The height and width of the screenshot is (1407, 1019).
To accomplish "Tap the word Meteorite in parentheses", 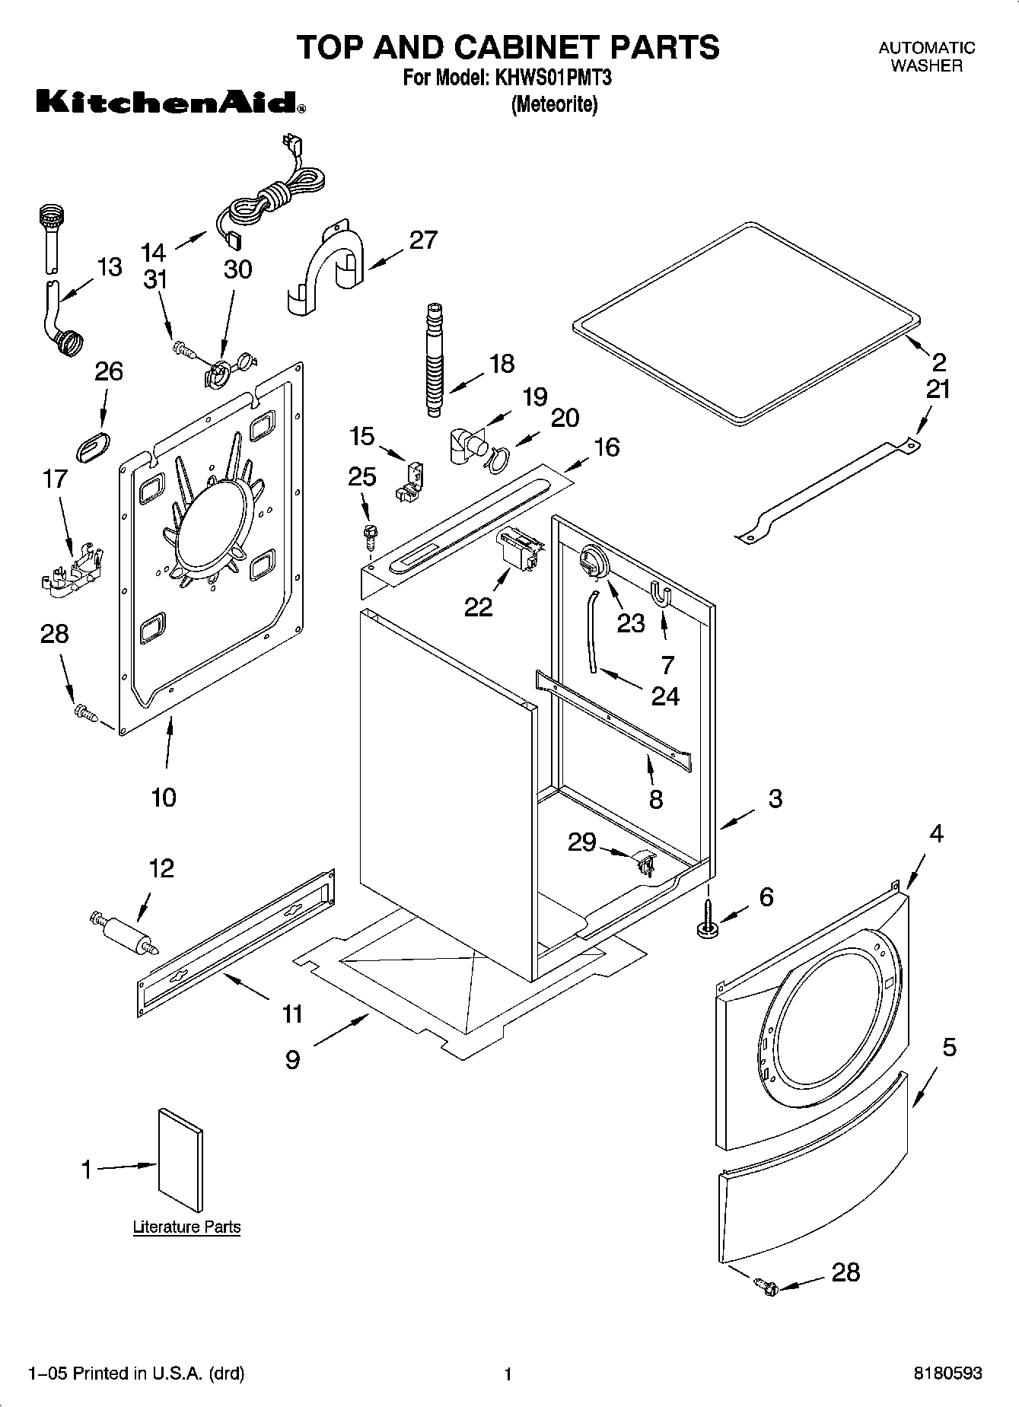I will click(554, 104).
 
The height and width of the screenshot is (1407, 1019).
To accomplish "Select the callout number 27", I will click(423, 240).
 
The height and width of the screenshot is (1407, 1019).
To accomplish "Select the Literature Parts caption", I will click(186, 1227).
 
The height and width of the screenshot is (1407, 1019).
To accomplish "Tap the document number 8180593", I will click(947, 1374).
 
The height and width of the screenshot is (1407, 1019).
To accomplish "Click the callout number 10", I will click(164, 797).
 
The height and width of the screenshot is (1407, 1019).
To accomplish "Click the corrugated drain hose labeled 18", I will click(434, 358).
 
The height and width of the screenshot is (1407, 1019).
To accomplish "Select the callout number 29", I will click(582, 842).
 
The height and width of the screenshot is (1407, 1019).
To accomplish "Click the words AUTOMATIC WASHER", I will click(926, 56).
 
